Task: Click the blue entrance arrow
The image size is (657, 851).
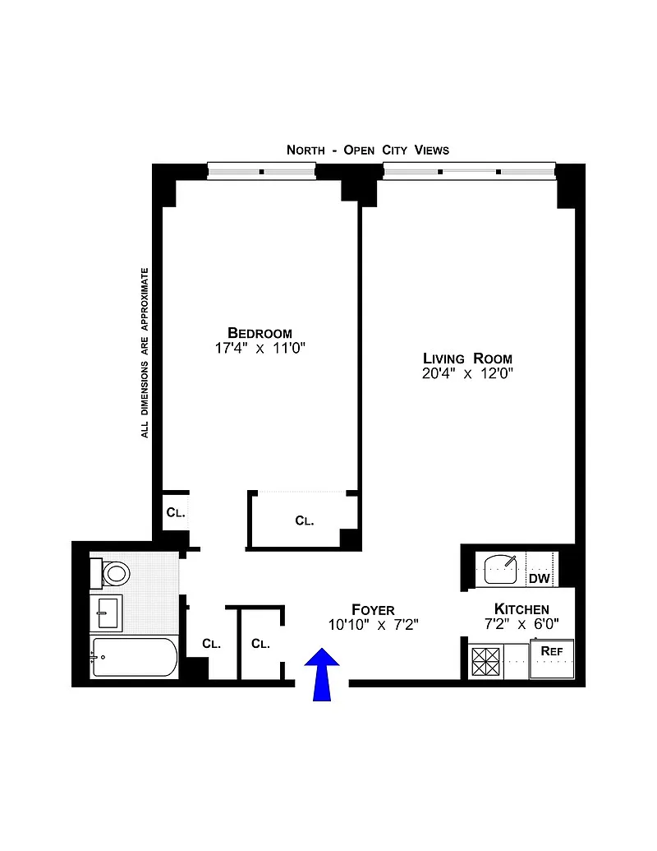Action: (322, 674)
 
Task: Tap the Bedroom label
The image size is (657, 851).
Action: (260, 333)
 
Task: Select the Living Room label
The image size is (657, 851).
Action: (467, 358)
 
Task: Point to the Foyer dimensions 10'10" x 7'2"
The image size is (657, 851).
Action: (374, 625)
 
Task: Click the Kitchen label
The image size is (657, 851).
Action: (521, 609)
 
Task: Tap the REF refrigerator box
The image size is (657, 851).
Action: (552, 659)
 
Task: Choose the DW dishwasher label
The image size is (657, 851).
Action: (540, 579)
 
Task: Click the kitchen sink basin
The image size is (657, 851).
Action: (500, 569)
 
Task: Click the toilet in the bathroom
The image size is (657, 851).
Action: (111, 572)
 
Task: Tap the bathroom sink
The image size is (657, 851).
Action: (106, 613)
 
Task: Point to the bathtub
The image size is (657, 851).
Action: (134, 657)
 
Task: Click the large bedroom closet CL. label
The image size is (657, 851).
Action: (305, 521)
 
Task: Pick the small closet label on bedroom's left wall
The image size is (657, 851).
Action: (176, 512)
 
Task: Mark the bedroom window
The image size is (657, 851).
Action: (262, 172)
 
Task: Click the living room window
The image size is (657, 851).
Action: (470, 172)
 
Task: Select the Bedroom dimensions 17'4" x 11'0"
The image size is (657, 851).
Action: (260, 348)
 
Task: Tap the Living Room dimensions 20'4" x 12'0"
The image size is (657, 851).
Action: (467, 373)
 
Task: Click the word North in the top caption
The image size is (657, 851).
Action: (306, 150)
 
